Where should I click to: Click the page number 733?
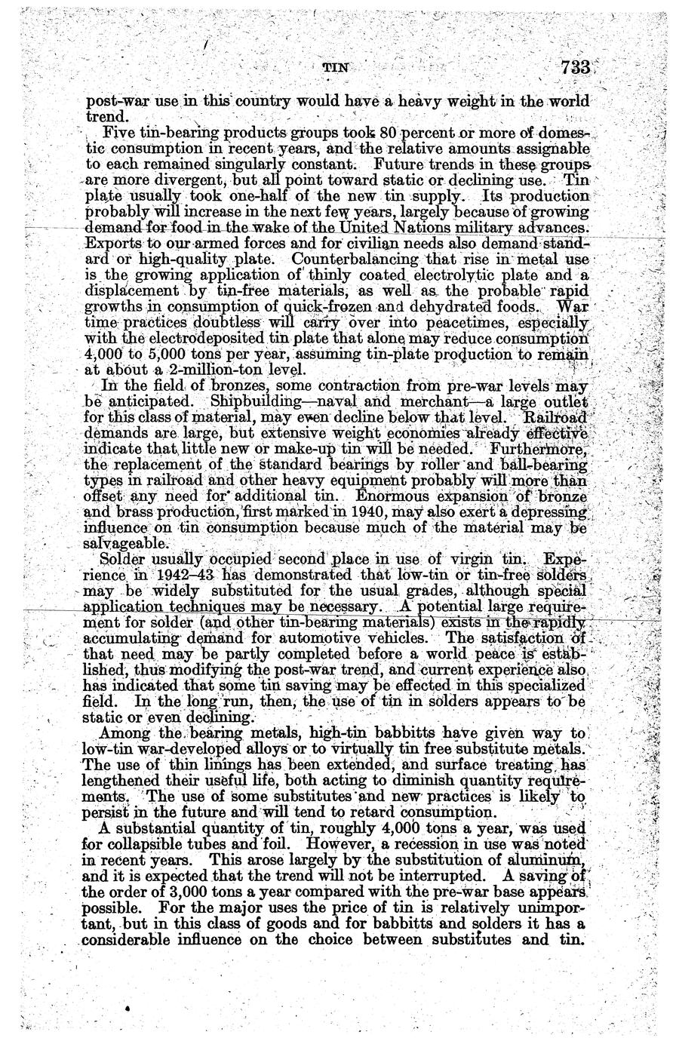(575, 67)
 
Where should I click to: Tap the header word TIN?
(335, 68)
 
